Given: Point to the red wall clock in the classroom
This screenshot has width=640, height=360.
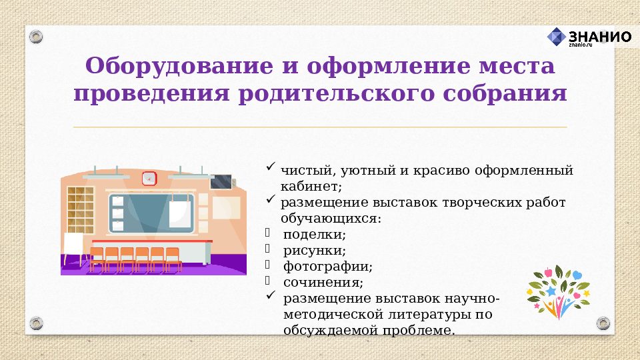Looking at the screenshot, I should [149, 178].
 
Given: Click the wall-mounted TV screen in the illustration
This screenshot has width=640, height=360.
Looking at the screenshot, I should [221, 182].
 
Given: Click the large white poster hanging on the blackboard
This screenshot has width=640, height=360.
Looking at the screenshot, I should [181, 213].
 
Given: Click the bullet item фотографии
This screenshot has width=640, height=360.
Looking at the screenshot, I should [327, 267].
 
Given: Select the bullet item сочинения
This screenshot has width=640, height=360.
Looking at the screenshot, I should [323, 283].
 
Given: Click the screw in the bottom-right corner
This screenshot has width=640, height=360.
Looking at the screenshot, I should [603, 323].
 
